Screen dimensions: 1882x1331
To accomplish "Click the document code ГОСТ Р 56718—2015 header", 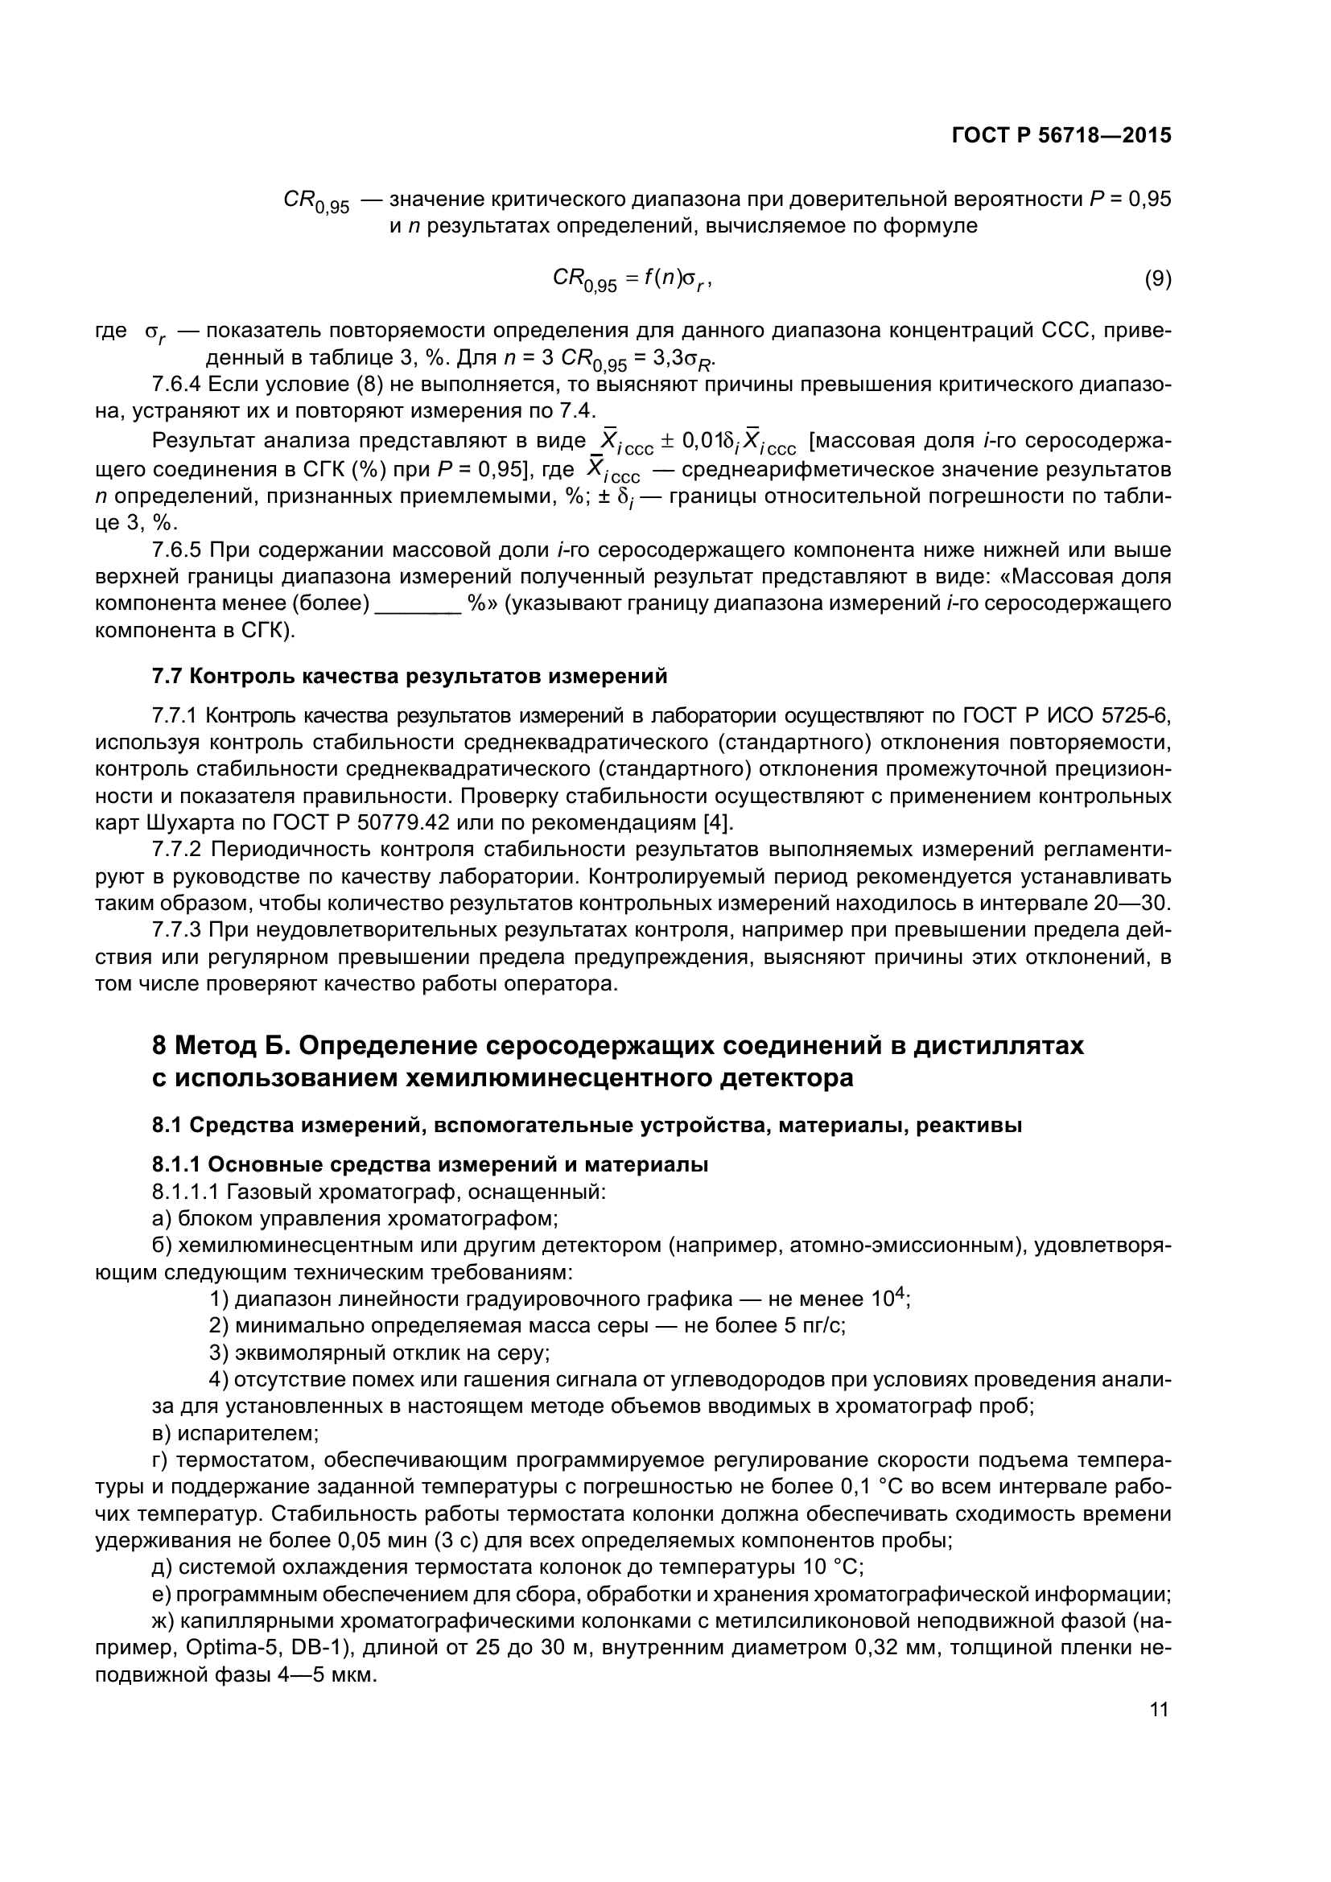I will point(1061,135).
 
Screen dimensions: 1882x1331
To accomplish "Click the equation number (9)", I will point(1157,278).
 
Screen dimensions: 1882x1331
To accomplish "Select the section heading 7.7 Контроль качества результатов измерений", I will point(409,676).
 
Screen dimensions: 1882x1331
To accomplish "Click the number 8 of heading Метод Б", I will point(160,1047).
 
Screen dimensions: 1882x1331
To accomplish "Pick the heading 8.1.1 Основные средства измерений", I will point(430,1164).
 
